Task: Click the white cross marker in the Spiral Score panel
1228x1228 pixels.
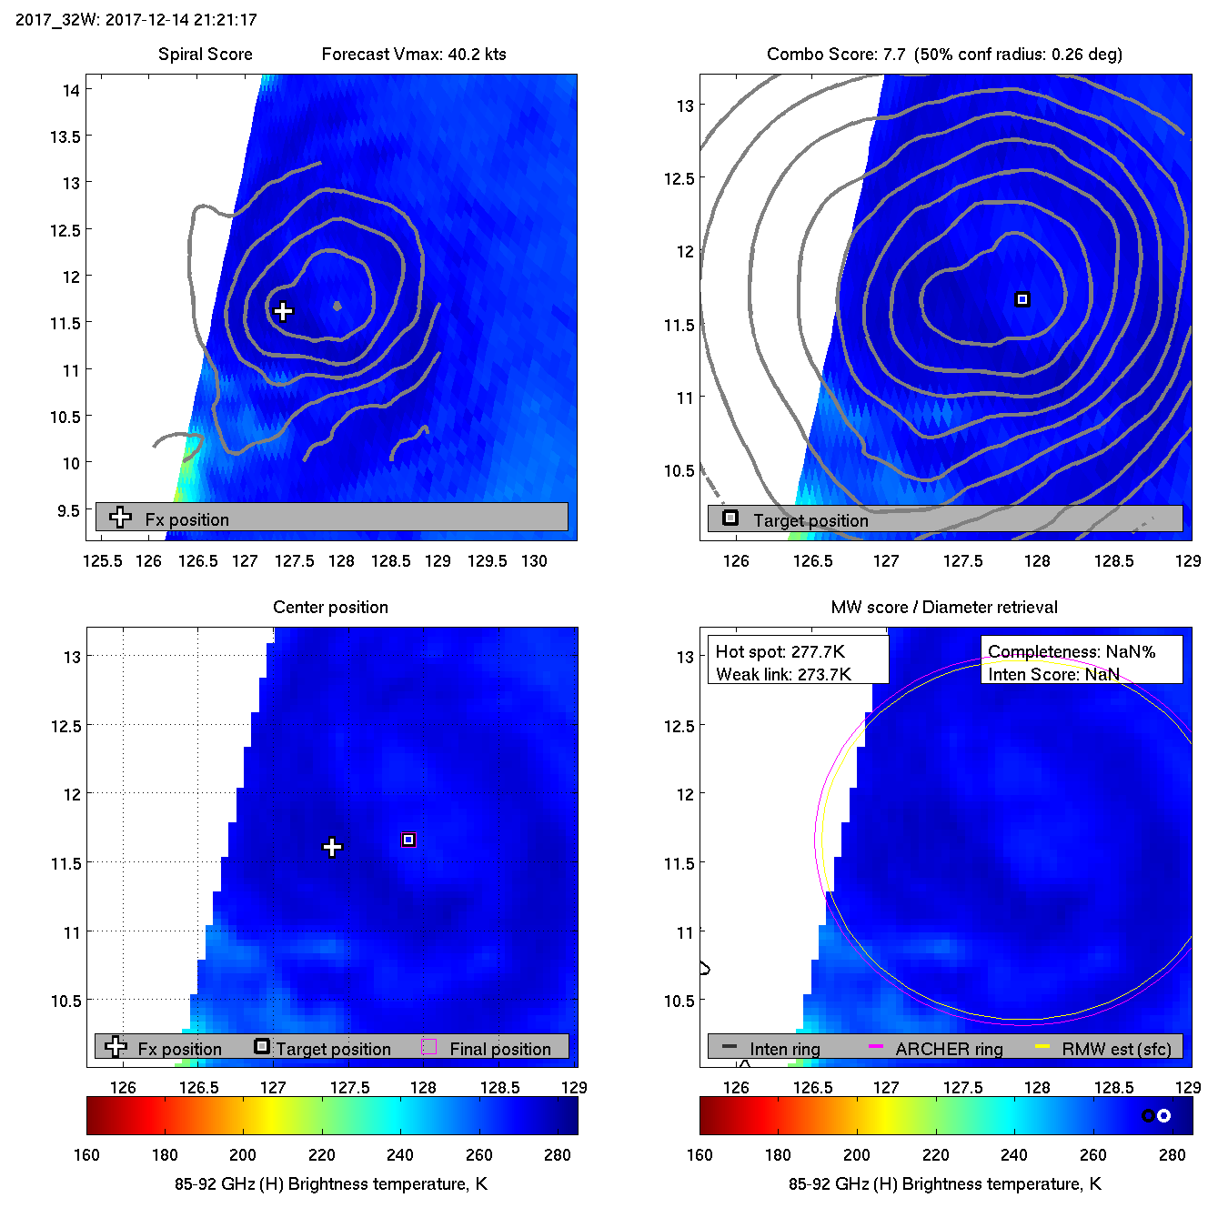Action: [283, 311]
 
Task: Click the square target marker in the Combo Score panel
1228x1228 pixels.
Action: [1022, 299]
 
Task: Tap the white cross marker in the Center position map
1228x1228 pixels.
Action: [333, 847]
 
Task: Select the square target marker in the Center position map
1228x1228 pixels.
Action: [408, 840]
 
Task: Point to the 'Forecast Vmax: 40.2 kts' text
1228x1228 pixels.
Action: [414, 55]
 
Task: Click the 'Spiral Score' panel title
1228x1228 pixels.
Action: [206, 55]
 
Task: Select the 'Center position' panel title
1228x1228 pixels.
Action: [330, 608]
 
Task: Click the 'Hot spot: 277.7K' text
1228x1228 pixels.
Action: [780, 651]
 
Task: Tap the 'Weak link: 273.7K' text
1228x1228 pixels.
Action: [783, 674]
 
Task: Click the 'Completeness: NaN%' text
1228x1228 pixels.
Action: [1072, 651]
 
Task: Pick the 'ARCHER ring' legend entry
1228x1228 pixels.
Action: [949, 1049]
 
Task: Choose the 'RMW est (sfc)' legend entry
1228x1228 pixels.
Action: [1116, 1049]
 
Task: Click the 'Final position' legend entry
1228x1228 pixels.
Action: [499, 1049]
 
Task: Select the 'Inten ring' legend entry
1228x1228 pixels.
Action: [784, 1049]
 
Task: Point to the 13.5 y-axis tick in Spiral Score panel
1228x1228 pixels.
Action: [65, 136]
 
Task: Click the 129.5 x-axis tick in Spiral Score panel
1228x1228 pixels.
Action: [487, 561]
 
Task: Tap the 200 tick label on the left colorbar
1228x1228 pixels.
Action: [243, 1155]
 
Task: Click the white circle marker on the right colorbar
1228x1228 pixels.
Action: [1163, 1115]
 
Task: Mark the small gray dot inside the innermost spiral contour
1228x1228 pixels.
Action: [337, 306]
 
